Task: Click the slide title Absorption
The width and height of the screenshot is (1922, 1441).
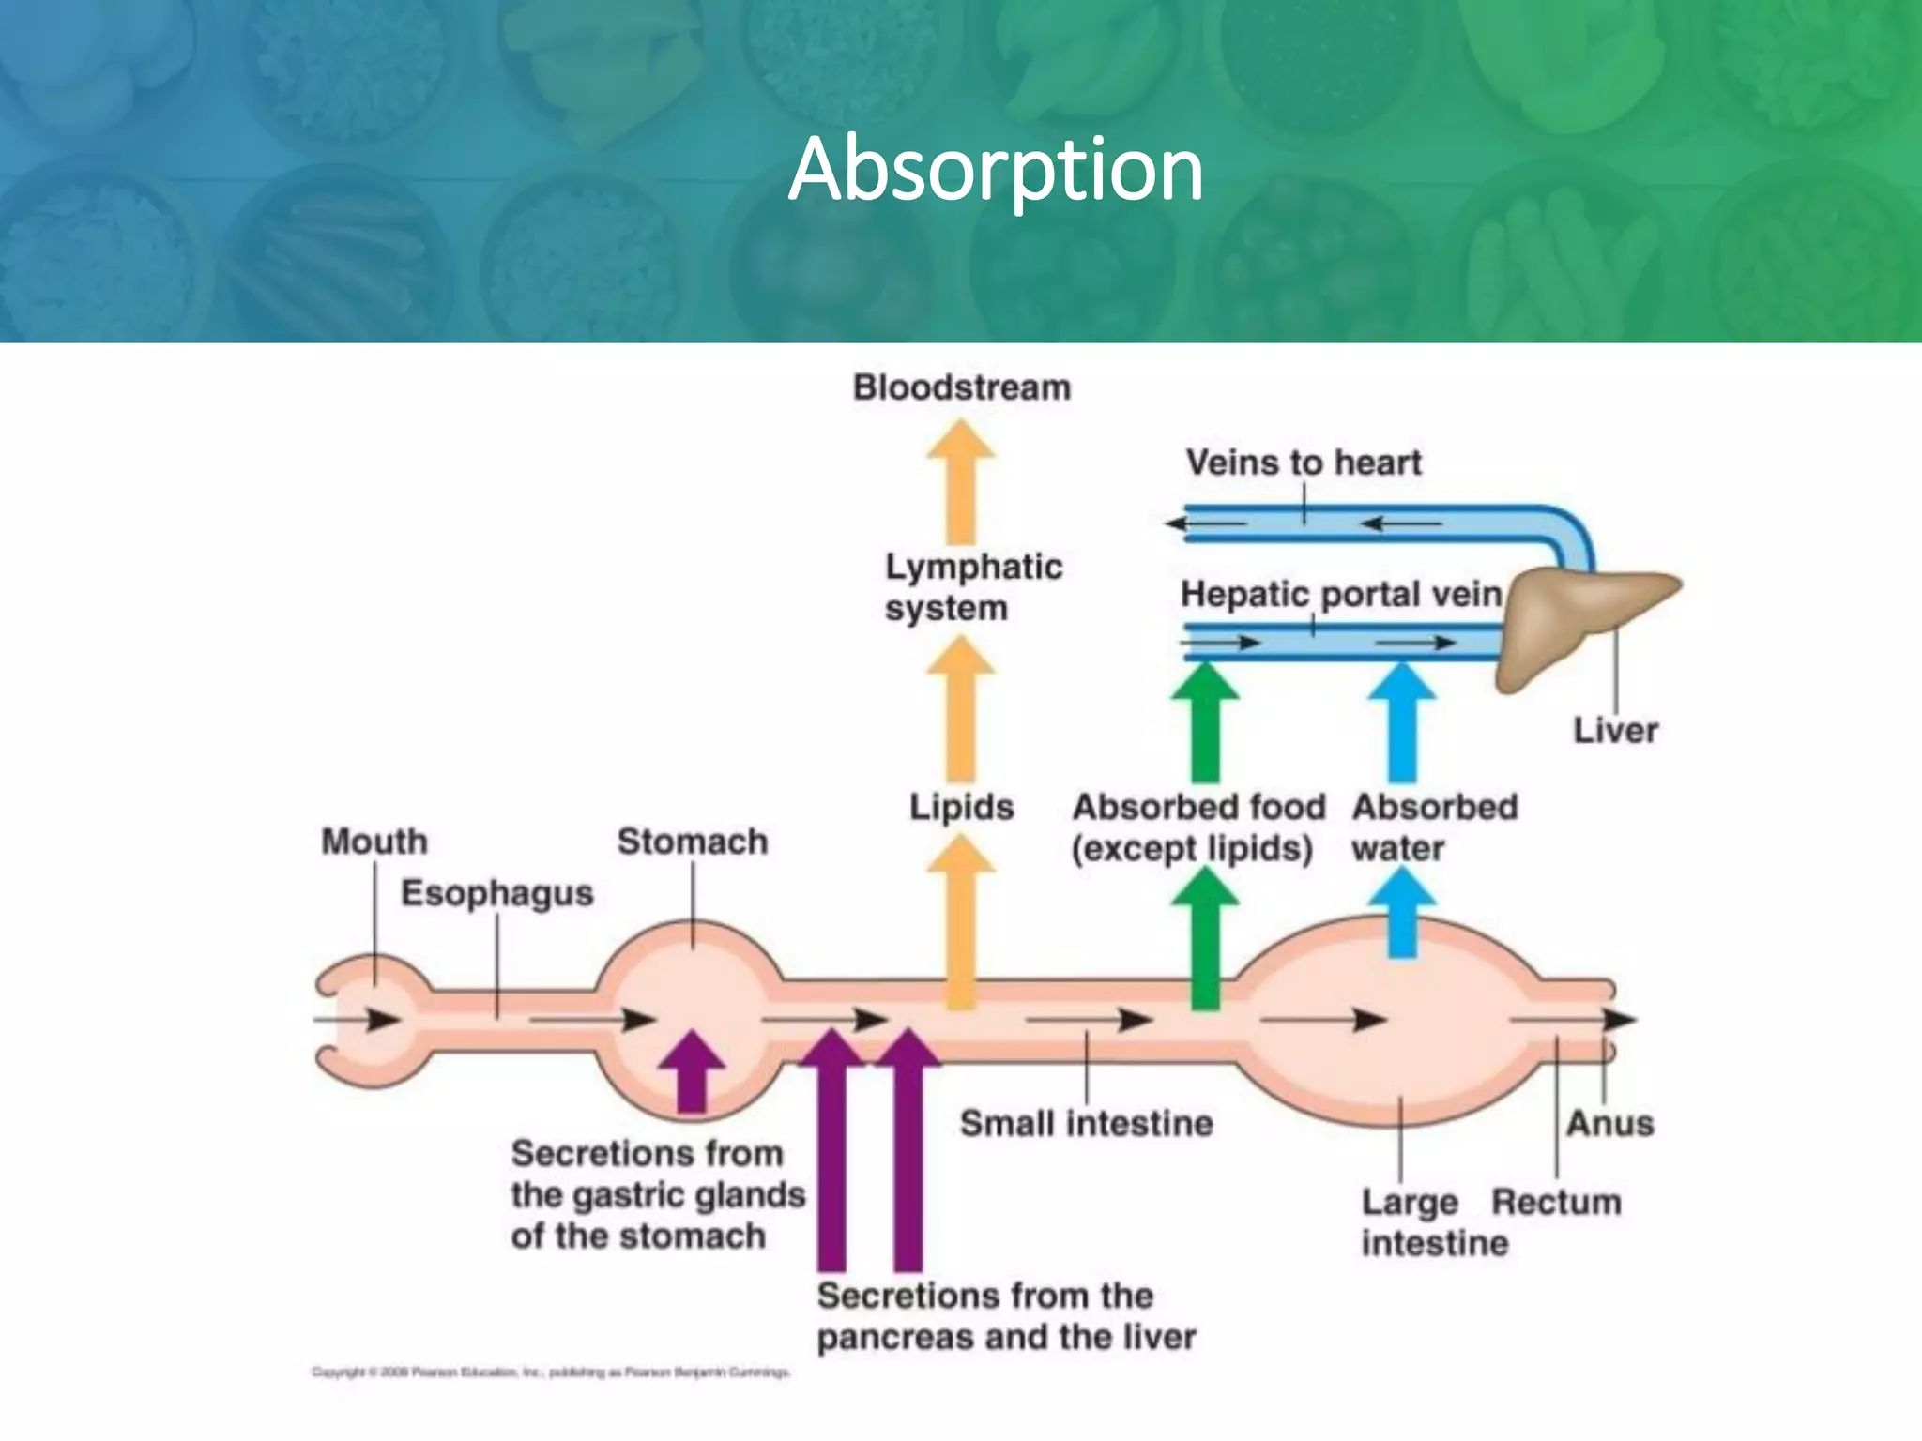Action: [x=995, y=170]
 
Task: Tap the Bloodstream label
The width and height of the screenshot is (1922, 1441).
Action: [x=961, y=387]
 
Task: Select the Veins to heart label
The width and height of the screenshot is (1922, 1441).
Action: [x=1303, y=463]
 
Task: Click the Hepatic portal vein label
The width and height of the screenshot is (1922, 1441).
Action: [x=1340, y=595]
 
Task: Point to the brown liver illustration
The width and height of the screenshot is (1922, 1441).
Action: [x=1577, y=619]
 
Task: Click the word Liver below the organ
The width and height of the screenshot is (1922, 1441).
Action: [x=1615, y=731]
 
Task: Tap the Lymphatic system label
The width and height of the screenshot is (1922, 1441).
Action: [x=972, y=587]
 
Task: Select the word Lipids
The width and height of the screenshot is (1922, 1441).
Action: [x=961, y=807]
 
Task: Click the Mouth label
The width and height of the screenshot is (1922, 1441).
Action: [x=374, y=842]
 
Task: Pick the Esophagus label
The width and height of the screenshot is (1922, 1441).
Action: [x=496, y=893]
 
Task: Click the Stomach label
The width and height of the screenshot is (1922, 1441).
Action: [x=692, y=842]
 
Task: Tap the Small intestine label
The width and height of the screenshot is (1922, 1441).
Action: [x=1086, y=1123]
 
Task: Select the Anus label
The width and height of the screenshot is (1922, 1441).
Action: [x=1609, y=1123]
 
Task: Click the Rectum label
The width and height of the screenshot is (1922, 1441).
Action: [x=1556, y=1202]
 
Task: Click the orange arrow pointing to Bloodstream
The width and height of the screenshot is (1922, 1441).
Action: [x=961, y=483]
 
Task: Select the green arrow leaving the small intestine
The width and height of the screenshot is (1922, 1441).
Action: [x=1205, y=938]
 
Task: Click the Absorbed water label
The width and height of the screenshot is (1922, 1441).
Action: [x=1433, y=827]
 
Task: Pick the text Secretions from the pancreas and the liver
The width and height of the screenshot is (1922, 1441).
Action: [x=1005, y=1316]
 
